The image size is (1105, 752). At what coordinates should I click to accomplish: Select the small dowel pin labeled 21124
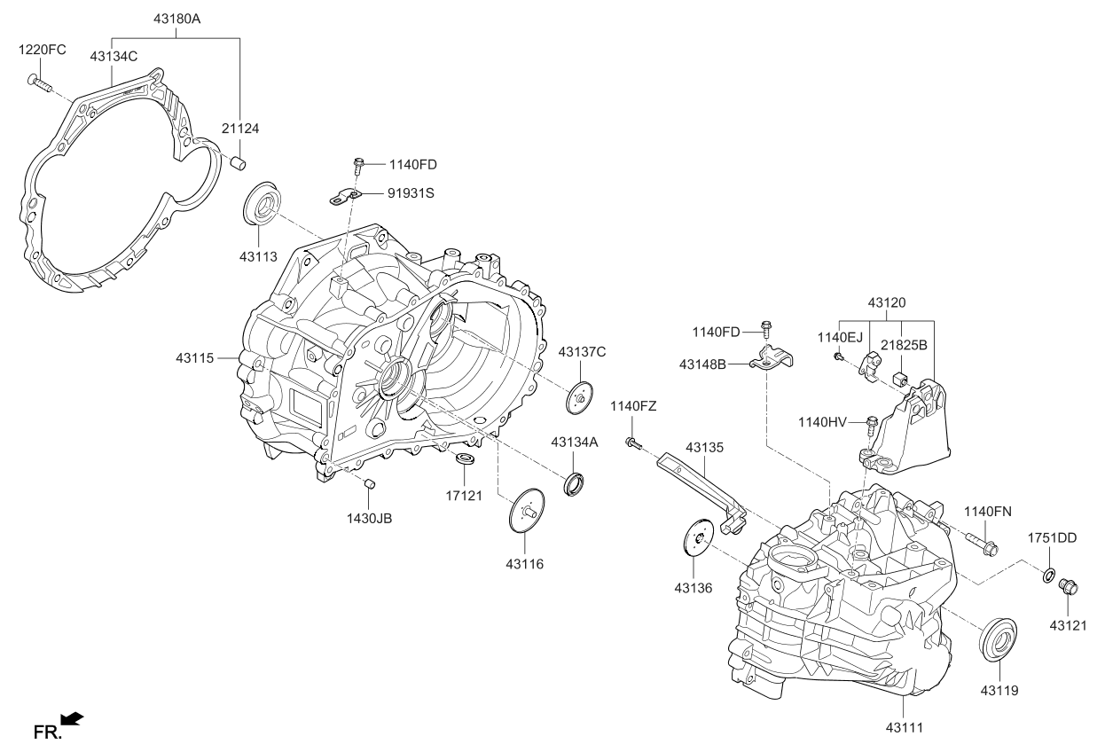[x=237, y=162]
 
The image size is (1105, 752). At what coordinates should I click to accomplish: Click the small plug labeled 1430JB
[x=372, y=483]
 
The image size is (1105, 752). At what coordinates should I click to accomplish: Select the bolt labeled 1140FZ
[x=632, y=442]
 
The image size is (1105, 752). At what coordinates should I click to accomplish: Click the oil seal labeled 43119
[x=998, y=640]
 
